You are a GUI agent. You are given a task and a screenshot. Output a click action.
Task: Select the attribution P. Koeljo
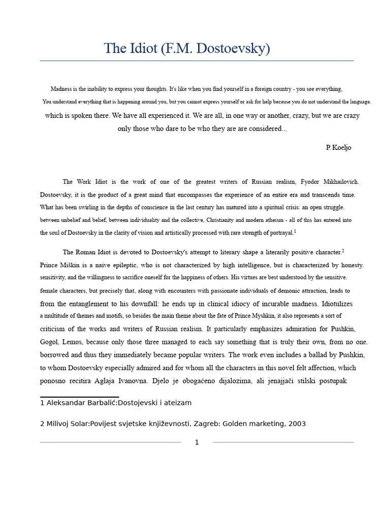click(338, 148)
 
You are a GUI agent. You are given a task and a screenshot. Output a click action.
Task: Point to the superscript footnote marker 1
click(295, 232)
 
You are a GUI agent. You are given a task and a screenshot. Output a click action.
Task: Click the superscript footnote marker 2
click(343, 250)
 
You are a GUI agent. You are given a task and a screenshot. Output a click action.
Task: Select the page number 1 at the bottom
click(197, 442)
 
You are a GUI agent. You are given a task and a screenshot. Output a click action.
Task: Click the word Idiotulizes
click(337, 304)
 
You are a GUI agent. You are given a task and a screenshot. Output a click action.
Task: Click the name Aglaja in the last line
click(128, 381)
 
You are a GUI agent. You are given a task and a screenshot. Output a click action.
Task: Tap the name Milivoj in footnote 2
click(58, 424)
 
